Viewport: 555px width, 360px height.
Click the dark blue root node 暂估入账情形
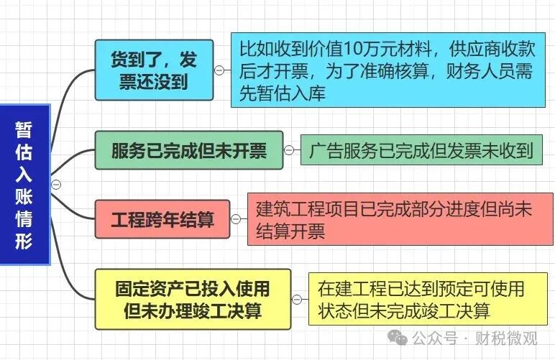[x=24, y=184]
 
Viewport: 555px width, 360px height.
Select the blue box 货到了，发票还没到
[x=155, y=70]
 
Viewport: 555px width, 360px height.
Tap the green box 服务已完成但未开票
[x=189, y=150]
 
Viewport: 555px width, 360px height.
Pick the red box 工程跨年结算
[x=162, y=219]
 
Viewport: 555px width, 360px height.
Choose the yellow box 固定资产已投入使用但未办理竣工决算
[x=193, y=299]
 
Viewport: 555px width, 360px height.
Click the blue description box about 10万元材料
[x=388, y=70]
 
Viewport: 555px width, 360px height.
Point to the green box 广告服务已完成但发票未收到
[x=421, y=150]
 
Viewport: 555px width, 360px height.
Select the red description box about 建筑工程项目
[x=400, y=219]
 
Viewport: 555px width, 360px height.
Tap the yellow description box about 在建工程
[x=428, y=299]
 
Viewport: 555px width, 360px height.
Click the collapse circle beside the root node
[x=56, y=184]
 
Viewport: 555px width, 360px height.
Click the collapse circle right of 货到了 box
[x=219, y=70]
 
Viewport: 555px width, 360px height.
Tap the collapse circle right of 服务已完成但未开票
[x=289, y=150]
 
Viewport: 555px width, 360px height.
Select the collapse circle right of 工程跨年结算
[x=235, y=219]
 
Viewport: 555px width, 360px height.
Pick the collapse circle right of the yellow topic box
[x=297, y=300]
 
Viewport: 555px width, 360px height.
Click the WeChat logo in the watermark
[x=397, y=338]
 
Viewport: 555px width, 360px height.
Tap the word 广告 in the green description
[x=326, y=150]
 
